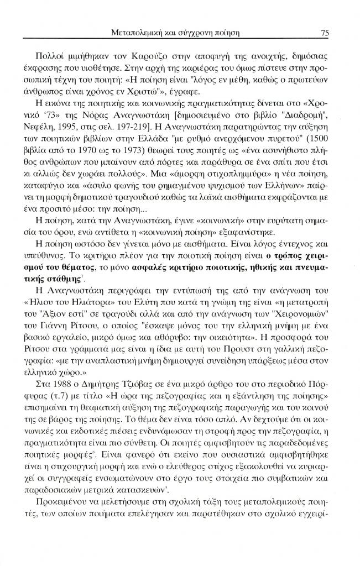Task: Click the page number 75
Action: [x=325, y=33]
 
